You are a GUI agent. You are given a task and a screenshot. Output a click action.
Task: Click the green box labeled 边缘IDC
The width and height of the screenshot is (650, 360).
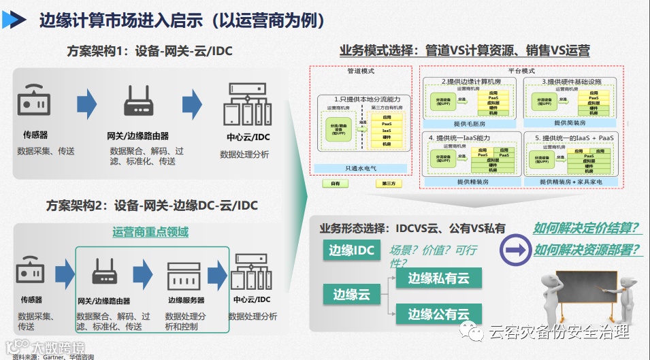pos(351,250)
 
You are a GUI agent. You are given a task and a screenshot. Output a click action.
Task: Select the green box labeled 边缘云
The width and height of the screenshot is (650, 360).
pos(351,294)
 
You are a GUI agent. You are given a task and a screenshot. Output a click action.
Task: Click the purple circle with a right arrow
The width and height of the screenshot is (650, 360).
pos(515,250)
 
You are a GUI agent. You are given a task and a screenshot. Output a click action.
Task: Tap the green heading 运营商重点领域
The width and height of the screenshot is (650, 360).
pos(150,232)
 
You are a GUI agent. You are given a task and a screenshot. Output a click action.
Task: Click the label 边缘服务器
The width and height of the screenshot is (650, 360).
pos(186,300)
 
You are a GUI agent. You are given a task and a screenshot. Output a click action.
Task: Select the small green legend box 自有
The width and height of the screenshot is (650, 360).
pos(335,184)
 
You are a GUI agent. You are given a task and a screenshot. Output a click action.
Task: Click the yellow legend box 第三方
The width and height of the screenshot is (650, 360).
pos(389,184)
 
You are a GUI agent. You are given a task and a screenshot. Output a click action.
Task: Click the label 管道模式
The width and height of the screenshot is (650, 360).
pos(360,71)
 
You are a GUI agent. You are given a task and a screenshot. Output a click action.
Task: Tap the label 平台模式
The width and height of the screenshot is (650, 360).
pos(521,71)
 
